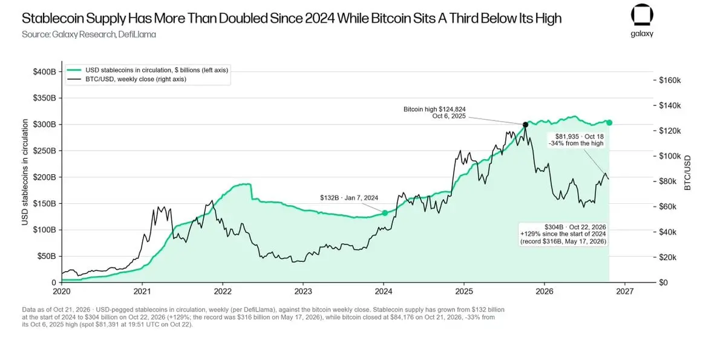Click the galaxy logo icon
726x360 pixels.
pos(642,15)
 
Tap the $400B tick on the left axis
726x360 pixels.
pos(44,71)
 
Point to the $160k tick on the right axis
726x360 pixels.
pos(670,80)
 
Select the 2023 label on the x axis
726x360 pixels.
pos(303,291)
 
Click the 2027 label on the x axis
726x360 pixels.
pos(624,291)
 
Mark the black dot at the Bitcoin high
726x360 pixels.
pos(525,125)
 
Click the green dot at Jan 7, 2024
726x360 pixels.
pos(385,213)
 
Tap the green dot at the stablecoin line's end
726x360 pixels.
pos(609,122)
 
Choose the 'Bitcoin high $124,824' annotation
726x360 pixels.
pos(434,109)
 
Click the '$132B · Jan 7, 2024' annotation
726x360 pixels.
pos(349,198)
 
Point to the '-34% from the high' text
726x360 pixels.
pos(576,143)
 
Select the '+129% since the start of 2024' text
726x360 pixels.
pos(563,234)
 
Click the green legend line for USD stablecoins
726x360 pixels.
pos(74,70)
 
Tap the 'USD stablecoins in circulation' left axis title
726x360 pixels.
pos(25,172)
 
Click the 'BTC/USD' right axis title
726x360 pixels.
pos(687,172)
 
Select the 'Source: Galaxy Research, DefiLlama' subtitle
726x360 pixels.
pos(89,34)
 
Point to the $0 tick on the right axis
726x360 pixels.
pos(664,283)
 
